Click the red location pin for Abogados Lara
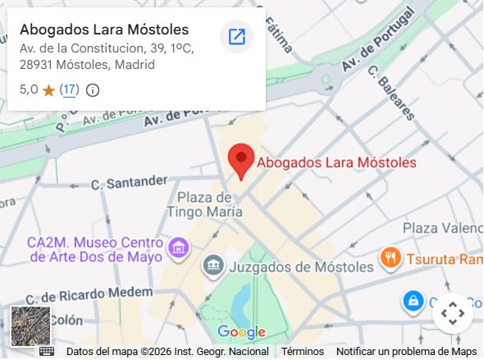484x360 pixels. pos(240,159)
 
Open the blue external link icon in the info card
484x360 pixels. pos(236,37)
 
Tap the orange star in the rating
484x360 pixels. pos(48,90)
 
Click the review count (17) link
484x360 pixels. pos(69,89)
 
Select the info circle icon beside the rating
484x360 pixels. pos(93,90)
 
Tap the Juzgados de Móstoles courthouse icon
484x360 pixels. pos(212,265)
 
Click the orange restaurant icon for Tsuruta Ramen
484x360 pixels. pos(390,259)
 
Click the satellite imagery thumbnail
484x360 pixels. pos(30,326)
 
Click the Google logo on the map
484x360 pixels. pos(241,332)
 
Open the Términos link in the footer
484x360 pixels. pos(302,351)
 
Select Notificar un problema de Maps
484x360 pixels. pos(406,351)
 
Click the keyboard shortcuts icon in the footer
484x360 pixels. pos(47,351)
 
